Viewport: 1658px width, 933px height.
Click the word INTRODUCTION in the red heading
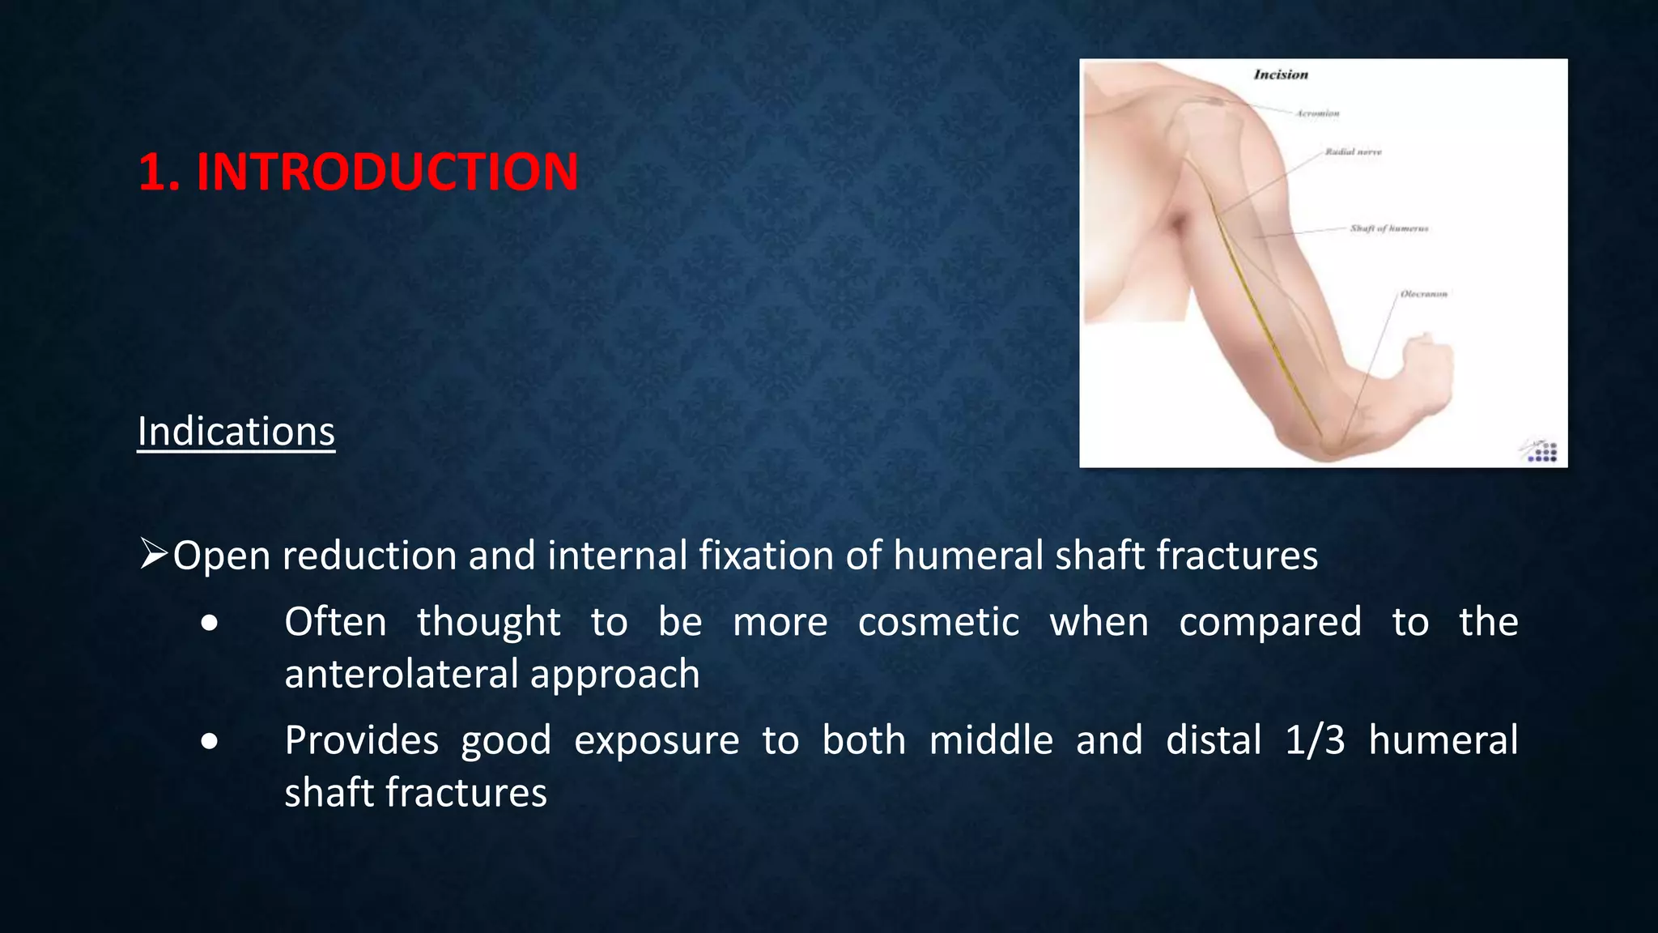387,173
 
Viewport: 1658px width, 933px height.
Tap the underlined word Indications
236,432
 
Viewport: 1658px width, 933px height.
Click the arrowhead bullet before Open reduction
153,554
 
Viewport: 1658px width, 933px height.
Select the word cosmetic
938,622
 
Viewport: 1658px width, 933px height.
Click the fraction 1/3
1315,740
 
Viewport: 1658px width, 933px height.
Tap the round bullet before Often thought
210,623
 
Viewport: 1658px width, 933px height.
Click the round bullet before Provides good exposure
210,741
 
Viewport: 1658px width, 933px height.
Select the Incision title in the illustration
1281,75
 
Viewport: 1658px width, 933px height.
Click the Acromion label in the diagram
1317,113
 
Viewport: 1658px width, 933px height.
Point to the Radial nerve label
1353,151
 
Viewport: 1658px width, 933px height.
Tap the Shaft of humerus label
1388,228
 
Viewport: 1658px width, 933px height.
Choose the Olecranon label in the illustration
1423,294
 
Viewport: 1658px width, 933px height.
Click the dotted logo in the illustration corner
1541,452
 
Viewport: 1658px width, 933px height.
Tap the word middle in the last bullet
990,740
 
